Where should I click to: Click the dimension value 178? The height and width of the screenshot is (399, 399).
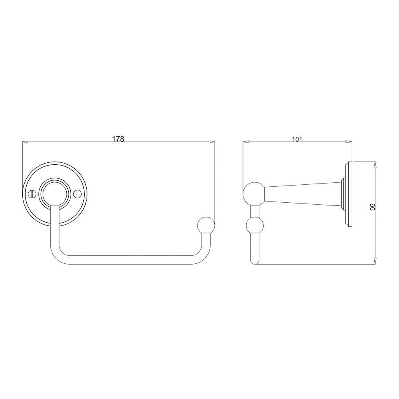pyautogui.click(x=118, y=139)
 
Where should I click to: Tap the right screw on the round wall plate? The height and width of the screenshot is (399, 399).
pyautogui.click(x=78, y=194)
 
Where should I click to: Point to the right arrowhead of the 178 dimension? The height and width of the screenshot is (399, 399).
pyautogui.click(x=211, y=142)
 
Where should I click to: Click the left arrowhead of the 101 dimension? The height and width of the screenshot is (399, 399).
pyautogui.click(x=246, y=142)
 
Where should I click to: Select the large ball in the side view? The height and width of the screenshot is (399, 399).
pyautogui.click(x=254, y=194)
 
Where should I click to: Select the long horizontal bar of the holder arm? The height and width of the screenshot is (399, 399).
pyautogui.click(x=128, y=260)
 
